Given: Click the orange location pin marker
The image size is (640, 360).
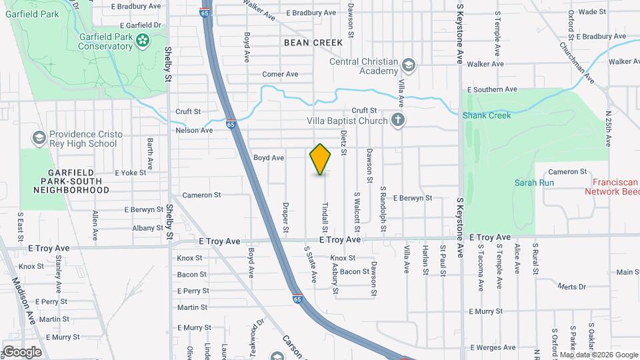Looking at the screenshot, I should click(321, 159).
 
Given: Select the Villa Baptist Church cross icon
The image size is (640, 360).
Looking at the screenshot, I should click(397, 121).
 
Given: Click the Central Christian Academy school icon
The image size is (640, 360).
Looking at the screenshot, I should click(408, 65).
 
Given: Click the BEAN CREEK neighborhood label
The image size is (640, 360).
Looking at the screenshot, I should click(313, 43).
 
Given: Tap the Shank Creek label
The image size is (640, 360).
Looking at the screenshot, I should click(487, 115).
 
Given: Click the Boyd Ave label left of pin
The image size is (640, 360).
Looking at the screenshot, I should click(269, 158).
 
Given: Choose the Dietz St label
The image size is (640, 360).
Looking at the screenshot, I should click(343, 143).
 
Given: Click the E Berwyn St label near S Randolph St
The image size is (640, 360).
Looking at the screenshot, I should click(413, 198).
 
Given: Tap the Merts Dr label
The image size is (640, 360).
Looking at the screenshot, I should click(571, 287).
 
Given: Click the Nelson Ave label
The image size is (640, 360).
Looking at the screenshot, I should click(194, 130).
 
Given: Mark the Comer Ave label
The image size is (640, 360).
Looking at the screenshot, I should click(280, 74).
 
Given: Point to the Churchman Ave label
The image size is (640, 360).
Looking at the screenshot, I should click(577, 63).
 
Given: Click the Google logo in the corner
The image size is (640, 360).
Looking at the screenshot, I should click(22, 352).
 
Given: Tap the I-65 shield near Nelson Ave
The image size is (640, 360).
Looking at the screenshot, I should click(231, 123).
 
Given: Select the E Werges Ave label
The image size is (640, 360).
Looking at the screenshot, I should click(493, 347).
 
